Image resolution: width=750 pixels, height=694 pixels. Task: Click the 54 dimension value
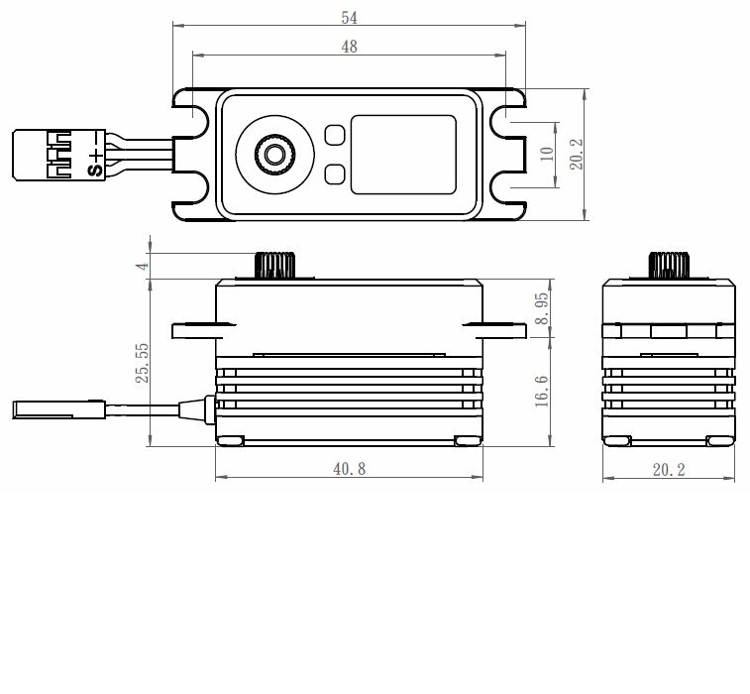[349, 17]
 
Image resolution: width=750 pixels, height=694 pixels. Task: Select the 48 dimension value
[349, 47]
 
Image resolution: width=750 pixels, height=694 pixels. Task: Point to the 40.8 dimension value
[349, 469]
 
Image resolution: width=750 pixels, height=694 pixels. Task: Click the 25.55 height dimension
[142, 363]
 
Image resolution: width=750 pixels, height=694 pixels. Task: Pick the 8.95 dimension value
[542, 309]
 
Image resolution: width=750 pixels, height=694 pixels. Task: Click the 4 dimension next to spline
[143, 267]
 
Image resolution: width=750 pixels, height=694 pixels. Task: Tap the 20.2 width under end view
[669, 469]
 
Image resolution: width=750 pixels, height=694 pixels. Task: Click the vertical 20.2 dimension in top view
[578, 154]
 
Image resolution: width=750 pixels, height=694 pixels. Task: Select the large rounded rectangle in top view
[403, 154]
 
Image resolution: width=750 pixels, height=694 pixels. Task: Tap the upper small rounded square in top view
[334, 132]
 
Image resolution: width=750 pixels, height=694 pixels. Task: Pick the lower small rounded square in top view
[334, 175]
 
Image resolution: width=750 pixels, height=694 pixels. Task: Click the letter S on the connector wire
[96, 170]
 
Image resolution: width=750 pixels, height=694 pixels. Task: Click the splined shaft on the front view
[276, 266]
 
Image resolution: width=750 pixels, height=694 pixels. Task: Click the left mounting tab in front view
[194, 330]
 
